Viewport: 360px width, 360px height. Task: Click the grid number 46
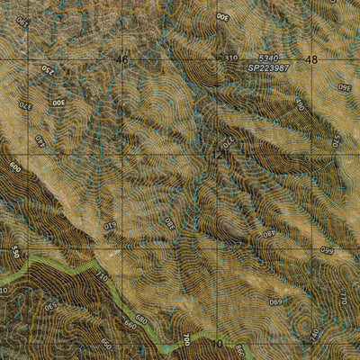click(123, 59)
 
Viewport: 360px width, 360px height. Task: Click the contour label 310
click(230, 58)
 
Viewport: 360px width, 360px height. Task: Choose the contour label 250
click(44, 69)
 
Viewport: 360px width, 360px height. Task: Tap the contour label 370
click(24, 105)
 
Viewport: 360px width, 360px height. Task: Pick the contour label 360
click(343, 89)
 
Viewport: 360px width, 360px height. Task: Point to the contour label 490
click(301, 106)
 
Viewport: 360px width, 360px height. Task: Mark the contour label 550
click(15, 256)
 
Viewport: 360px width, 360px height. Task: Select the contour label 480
click(267, 233)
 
